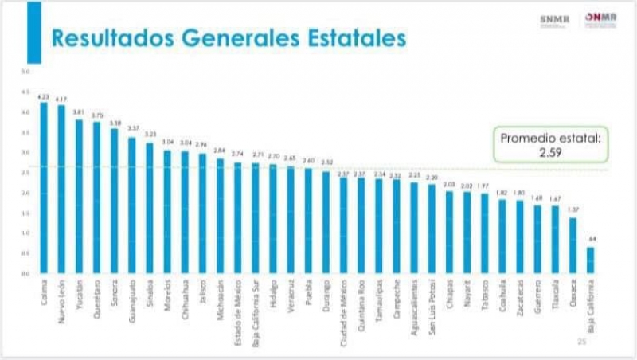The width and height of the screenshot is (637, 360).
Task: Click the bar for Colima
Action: click(44, 187)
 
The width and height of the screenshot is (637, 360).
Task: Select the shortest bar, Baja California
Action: click(591, 260)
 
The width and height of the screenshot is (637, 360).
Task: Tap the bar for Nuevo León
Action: click(62, 189)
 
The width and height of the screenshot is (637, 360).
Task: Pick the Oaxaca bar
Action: click(572, 245)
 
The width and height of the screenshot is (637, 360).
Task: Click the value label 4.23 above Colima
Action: click(44, 96)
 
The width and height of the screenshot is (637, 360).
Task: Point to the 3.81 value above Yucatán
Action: click(80, 112)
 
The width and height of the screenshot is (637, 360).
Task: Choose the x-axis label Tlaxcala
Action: click(555, 293)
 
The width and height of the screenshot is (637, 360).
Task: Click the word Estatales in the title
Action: click(356, 38)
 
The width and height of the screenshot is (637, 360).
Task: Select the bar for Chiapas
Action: click(449, 232)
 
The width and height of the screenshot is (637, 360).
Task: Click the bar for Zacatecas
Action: click(519, 237)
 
